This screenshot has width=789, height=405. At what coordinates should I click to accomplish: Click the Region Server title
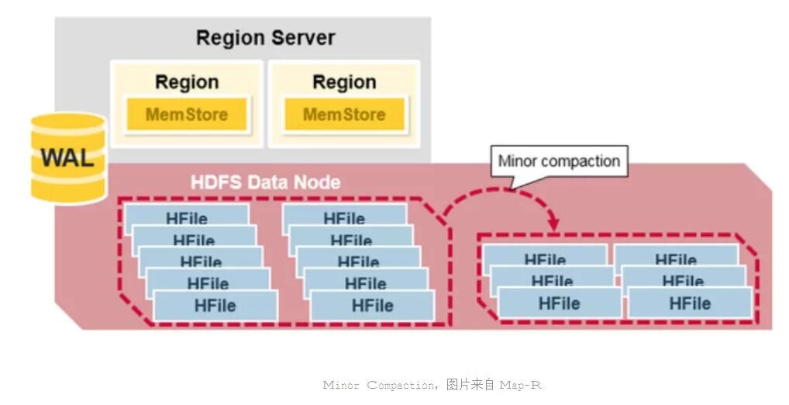pos(265,37)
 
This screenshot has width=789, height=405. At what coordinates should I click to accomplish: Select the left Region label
pos(187,81)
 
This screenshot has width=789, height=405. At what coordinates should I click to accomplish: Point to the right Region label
pos(344,81)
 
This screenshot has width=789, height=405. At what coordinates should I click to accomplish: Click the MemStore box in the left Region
pos(187,115)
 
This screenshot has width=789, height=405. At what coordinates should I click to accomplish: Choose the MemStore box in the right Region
pos(344,115)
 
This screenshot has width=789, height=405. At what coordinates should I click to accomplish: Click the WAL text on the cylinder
pos(67,157)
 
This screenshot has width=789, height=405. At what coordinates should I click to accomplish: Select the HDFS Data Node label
pos(265,182)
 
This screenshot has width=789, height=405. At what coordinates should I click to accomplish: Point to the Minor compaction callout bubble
pos(559,161)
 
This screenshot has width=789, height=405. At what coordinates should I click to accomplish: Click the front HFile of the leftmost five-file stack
pos(215,305)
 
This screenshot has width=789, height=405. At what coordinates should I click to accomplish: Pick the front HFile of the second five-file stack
pos(373,305)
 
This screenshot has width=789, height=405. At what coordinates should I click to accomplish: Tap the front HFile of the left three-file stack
pos(559,303)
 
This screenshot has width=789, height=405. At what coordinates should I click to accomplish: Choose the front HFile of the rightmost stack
pos(690,303)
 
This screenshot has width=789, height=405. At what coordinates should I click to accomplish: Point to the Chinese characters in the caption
pos(471,385)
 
